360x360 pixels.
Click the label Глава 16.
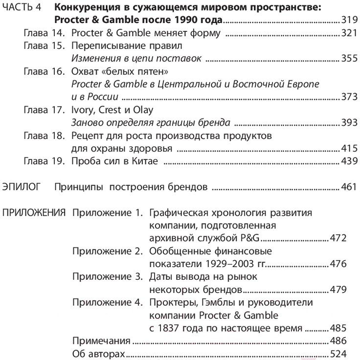44,71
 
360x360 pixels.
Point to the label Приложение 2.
106,251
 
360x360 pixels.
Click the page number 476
337,264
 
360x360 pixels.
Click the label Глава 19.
44,161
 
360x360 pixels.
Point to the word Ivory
83,110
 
